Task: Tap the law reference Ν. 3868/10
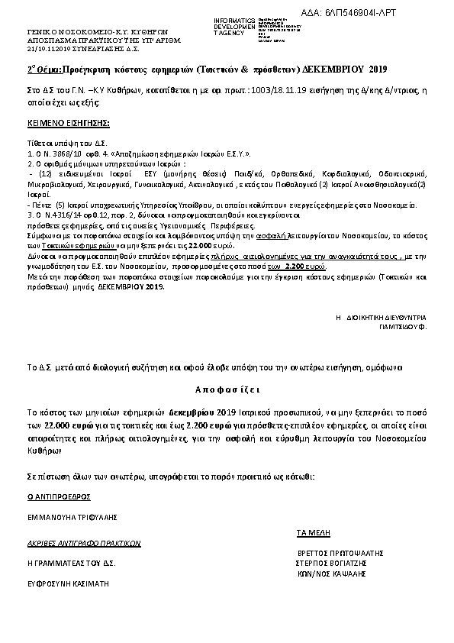pyautogui.click(x=53, y=151)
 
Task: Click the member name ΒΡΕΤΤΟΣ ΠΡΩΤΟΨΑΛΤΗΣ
pyautogui.click(x=339, y=552)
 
